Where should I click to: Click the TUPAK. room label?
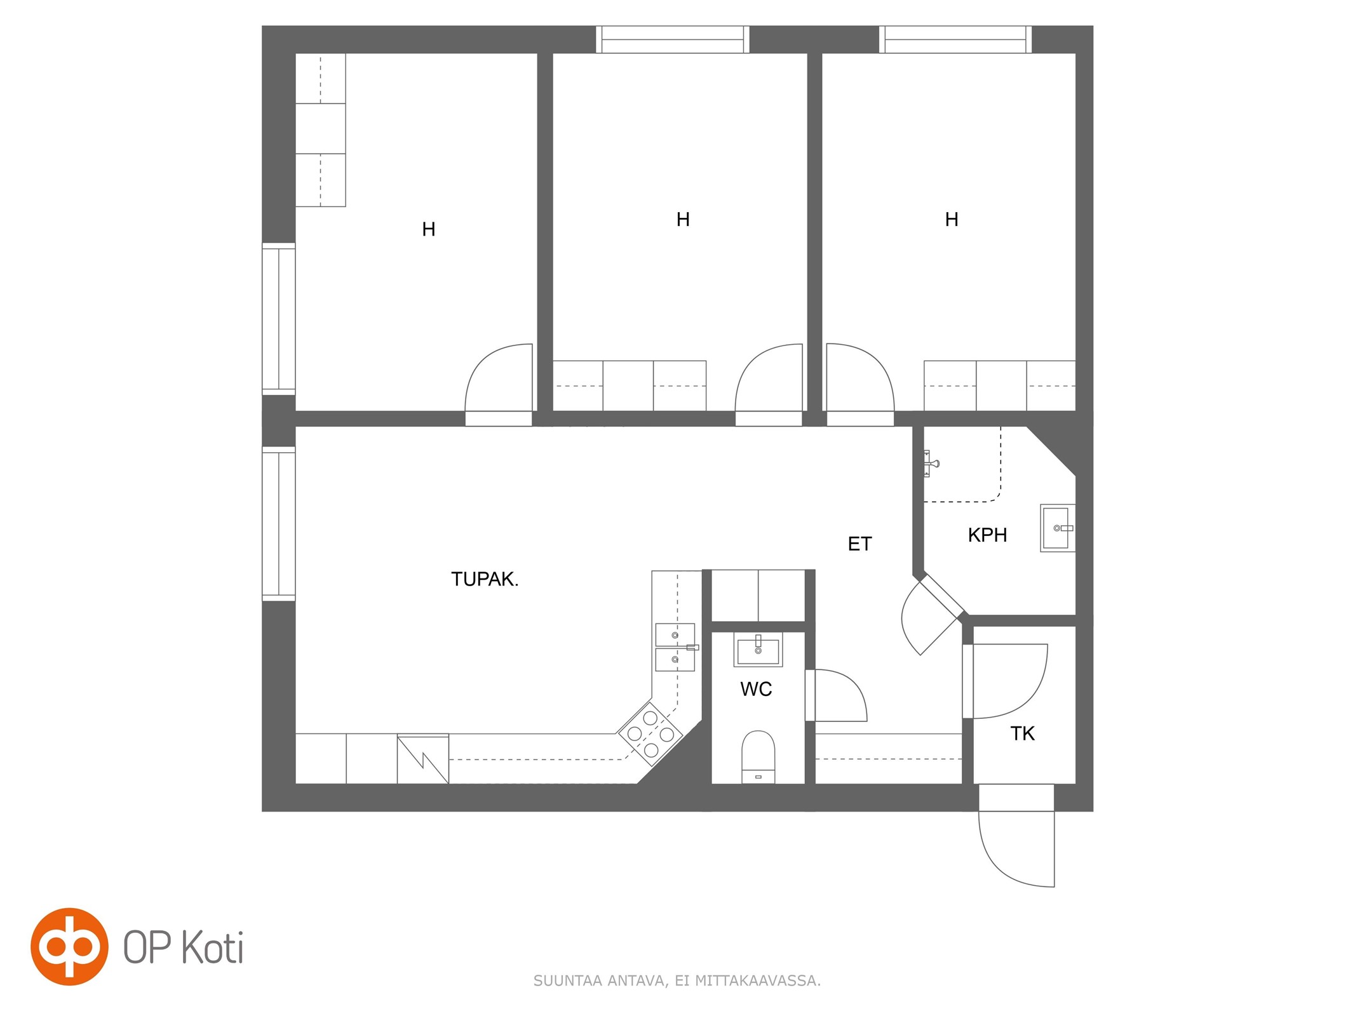[x=485, y=579]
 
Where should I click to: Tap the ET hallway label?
[x=860, y=544]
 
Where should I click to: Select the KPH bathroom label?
[x=987, y=535]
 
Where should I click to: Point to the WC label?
[x=756, y=689]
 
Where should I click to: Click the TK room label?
[x=1022, y=733]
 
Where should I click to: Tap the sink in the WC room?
[x=758, y=650]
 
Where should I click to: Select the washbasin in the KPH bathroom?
[x=1057, y=528]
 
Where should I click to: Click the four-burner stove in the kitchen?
[x=651, y=734]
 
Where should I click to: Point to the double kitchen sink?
[x=675, y=647]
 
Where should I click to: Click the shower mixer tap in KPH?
[x=930, y=464]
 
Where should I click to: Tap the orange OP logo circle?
[x=69, y=947]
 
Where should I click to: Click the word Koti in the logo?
[x=212, y=948]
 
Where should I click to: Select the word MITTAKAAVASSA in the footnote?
[x=757, y=981]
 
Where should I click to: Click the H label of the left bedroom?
[x=429, y=229]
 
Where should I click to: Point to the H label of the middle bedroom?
[x=683, y=220]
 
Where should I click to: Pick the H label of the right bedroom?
[x=951, y=220]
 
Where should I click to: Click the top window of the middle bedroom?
[x=673, y=39]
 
